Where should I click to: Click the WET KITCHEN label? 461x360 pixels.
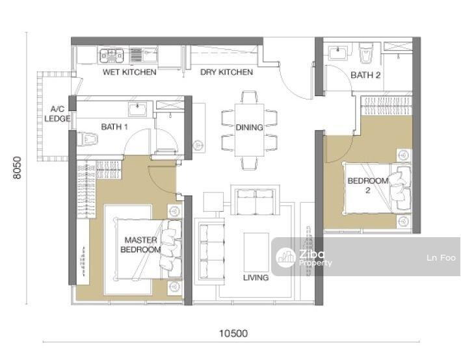129,72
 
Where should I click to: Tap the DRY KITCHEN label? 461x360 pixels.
226,72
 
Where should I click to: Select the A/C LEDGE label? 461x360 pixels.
57,114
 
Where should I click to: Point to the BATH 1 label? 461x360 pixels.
114,127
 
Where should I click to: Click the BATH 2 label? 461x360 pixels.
365,75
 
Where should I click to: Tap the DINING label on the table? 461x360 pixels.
249,127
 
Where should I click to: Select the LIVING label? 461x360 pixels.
256,277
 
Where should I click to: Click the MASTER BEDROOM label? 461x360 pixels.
141,245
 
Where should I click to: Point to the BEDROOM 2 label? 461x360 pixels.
368,185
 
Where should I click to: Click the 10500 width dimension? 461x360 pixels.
233,333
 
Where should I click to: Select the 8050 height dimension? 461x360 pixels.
18,168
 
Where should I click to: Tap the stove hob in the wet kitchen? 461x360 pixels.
111,56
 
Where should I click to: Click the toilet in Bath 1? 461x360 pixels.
87,138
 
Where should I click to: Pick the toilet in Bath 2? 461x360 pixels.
366,53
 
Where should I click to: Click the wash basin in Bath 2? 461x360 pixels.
338,53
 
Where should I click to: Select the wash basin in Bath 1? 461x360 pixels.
138,109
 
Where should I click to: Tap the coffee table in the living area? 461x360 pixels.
256,252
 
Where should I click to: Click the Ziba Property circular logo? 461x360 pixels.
286,257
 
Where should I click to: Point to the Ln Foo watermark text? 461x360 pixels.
441,258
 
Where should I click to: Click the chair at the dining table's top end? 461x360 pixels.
249,97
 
